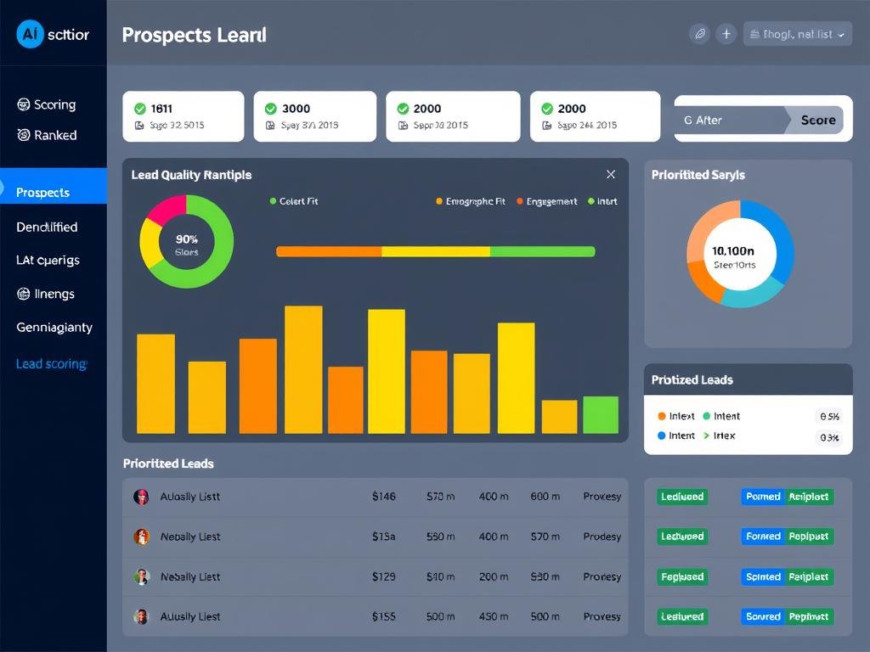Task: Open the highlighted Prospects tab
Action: pos(53,192)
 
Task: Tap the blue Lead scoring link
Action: pos(51,363)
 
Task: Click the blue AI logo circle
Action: pos(30,35)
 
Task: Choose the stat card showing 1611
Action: pos(183,116)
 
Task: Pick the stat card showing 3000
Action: pos(314,116)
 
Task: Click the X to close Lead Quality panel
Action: pos(610,174)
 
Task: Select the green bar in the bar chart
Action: pos(601,414)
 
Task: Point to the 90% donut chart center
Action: pos(186,244)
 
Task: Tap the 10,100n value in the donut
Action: pos(732,250)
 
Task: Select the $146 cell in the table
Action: pos(383,496)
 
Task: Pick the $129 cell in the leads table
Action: pos(383,576)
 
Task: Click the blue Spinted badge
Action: pos(763,576)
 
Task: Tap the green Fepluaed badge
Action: pos(682,576)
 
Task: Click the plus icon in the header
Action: pos(726,34)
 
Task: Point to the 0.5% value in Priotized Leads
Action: pos(828,416)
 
